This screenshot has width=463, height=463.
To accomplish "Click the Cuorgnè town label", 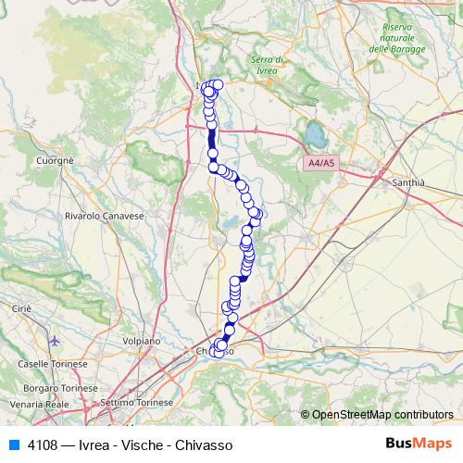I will point(55,160).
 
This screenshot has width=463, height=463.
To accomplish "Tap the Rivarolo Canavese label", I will point(105,215).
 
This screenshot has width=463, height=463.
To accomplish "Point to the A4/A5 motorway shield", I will point(322,163).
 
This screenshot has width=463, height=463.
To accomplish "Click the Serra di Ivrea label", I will point(268,65).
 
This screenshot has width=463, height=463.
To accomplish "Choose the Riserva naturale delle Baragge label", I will point(397,38).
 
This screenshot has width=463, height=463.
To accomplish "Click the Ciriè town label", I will point(21,307).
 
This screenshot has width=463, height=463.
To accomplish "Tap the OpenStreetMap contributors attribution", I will point(382,414).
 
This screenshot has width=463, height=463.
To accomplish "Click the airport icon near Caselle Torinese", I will point(56,341).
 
